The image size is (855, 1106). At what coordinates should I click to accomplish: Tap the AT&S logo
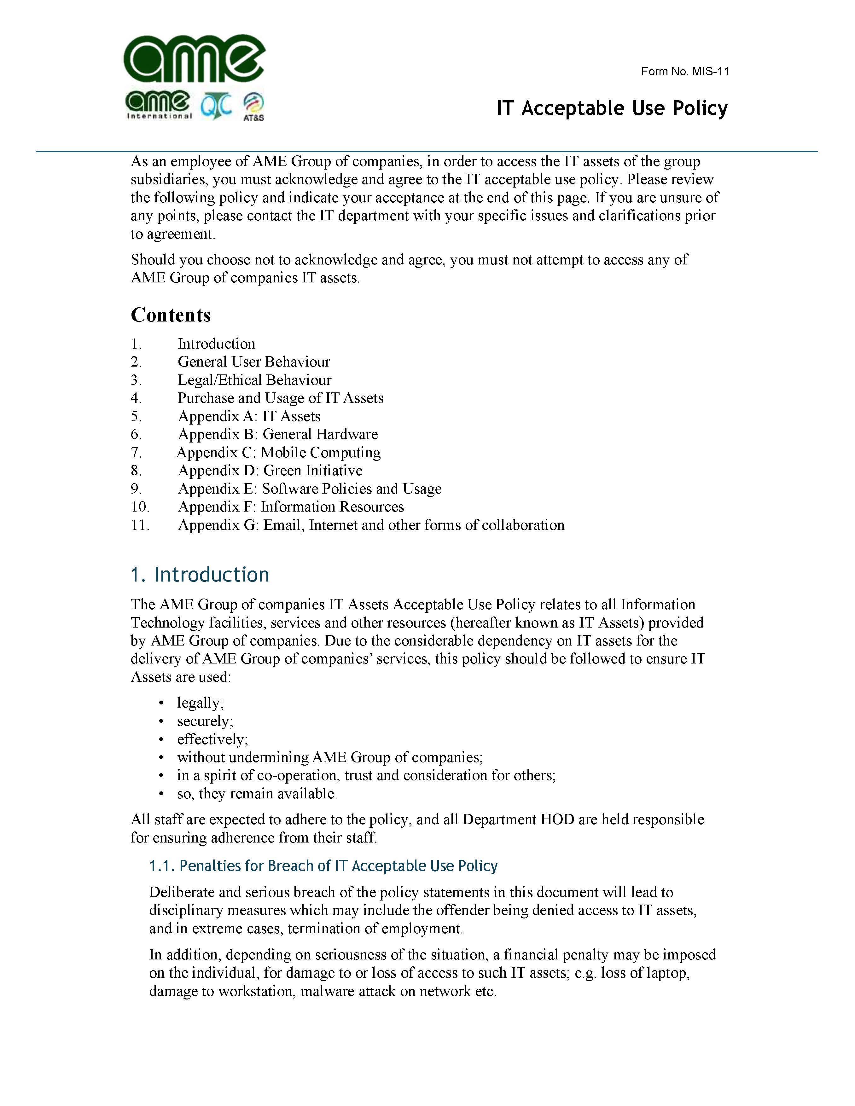click(x=253, y=107)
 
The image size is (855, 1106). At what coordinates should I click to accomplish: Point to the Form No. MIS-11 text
click(x=685, y=72)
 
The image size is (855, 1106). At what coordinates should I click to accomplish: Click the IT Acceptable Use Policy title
click(x=612, y=108)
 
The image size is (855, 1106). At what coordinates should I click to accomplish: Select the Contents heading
click(x=171, y=315)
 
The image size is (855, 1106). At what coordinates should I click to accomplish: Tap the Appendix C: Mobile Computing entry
click(x=279, y=452)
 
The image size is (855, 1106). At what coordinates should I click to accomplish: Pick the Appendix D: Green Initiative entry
click(x=270, y=471)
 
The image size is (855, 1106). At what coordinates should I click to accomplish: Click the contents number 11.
click(x=140, y=525)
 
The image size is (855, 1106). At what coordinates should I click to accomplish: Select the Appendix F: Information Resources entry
click(x=291, y=507)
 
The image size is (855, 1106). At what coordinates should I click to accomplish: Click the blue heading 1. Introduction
click(x=200, y=575)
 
